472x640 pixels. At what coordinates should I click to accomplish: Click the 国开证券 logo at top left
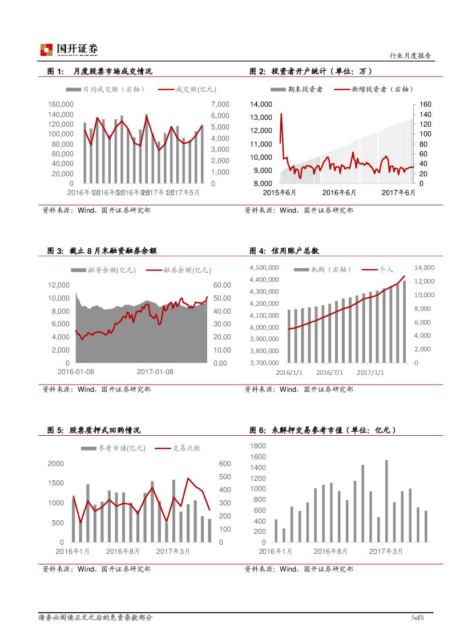click(68, 49)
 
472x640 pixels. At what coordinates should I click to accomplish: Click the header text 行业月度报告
click(410, 56)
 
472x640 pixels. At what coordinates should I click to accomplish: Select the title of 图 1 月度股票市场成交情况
click(100, 71)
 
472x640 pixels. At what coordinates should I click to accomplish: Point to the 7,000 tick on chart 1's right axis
click(220, 104)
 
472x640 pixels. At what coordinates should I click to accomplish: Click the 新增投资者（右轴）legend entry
click(373, 89)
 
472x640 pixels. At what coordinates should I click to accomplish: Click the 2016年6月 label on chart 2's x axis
click(339, 193)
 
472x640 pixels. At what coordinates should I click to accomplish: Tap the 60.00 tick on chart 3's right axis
click(223, 285)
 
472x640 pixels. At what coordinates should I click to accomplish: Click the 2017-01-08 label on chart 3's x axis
click(155, 372)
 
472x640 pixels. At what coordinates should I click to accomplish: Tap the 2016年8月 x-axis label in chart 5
click(123, 551)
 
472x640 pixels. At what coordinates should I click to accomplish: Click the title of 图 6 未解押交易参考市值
click(323, 430)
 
